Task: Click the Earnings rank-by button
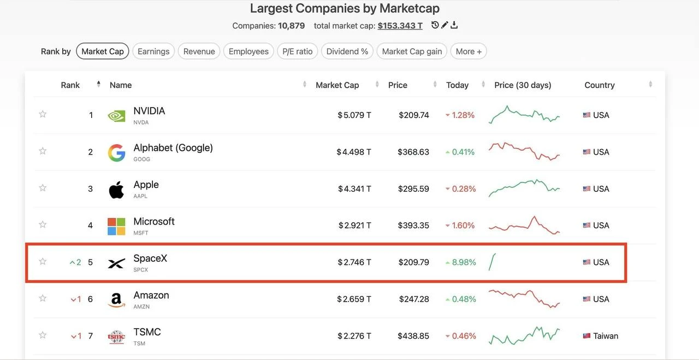click(x=153, y=51)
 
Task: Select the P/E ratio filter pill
click(x=298, y=51)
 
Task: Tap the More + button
click(x=469, y=51)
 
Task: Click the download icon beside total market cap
click(x=454, y=25)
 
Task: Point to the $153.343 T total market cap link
click(x=400, y=26)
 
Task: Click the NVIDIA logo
click(x=116, y=116)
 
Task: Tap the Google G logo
click(x=116, y=152)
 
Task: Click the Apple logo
click(x=116, y=190)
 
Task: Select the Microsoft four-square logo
click(x=116, y=226)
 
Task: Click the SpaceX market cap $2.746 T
click(x=354, y=262)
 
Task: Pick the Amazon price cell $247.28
click(x=414, y=299)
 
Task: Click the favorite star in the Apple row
click(x=43, y=188)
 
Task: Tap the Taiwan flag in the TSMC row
click(x=587, y=336)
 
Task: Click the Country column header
click(x=600, y=85)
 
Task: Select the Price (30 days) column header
click(x=523, y=85)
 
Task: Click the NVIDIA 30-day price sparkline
click(x=524, y=115)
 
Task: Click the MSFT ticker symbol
click(x=141, y=233)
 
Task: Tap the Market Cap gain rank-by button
click(x=412, y=51)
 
